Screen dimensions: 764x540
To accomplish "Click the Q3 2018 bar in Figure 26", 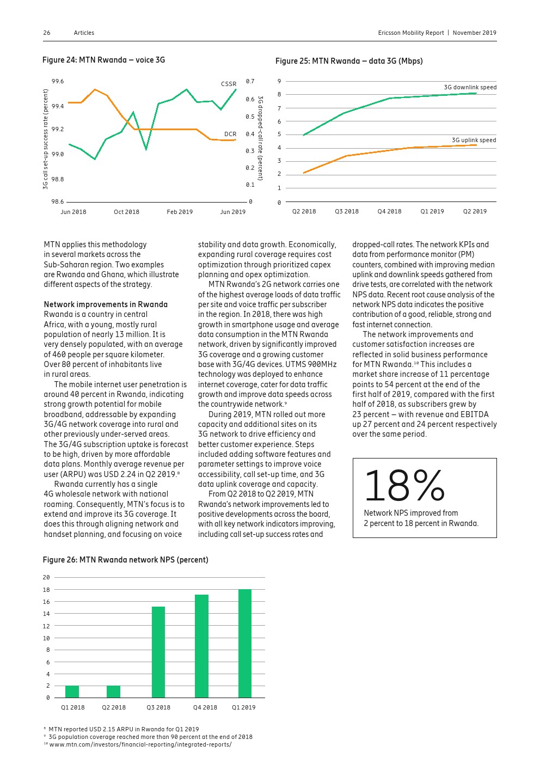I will pyautogui.click(x=158, y=652).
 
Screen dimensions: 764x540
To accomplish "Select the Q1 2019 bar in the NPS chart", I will pyautogui.click(x=244, y=643).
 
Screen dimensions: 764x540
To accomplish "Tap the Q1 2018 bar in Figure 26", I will pyautogui.click(x=72, y=692).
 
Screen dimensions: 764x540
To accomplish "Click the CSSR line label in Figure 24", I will pyautogui.click(x=229, y=84).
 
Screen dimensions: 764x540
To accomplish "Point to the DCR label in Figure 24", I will pyautogui.click(x=230, y=134).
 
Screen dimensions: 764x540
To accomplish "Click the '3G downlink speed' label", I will pyautogui.click(x=470, y=87).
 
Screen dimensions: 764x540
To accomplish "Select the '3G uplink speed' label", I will pyautogui.click(x=474, y=140).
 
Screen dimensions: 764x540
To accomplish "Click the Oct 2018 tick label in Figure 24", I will pyautogui.click(x=126, y=212).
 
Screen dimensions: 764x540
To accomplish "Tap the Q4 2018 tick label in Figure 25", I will pyautogui.click(x=389, y=211).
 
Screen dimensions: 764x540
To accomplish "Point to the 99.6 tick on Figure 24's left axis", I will pyautogui.click(x=57, y=82).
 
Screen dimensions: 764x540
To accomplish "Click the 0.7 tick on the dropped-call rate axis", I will pyautogui.click(x=250, y=82).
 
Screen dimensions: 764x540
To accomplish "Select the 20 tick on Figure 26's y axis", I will pyautogui.click(x=46, y=577).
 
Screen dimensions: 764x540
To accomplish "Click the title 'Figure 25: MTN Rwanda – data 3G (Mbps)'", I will pyautogui.click(x=349, y=61).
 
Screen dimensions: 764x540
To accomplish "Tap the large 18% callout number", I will pyautogui.click(x=404, y=486).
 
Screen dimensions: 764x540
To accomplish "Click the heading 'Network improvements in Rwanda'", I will pyautogui.click(x=106, y=304).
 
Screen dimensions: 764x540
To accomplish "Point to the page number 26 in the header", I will pyautogui.click(x=47, y=33).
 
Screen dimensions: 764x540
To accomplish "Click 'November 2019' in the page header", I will pyautogui.click(x=474, y=33).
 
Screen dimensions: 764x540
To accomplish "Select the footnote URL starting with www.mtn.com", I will pyautogui.click(x=140, y=744).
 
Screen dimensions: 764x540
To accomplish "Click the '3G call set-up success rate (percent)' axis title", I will pyautogui.click(x=46, y=139).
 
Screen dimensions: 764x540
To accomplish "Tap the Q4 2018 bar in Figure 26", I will pyautogui.click(x=201, y=646).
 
